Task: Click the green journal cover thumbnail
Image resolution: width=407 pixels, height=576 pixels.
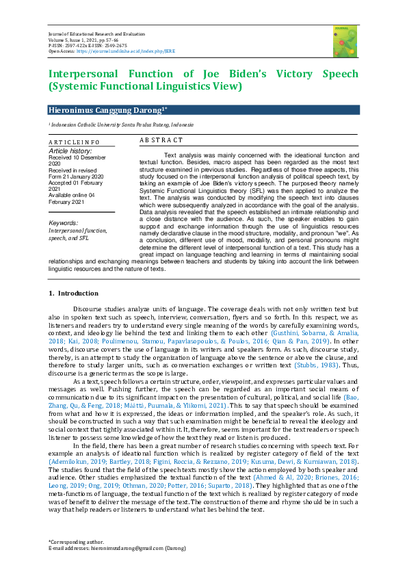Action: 345,40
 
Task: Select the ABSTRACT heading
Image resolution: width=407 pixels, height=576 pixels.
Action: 161,140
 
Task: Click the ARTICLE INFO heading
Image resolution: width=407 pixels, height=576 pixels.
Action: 74,142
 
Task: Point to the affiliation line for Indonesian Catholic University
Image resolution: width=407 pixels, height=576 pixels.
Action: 120,125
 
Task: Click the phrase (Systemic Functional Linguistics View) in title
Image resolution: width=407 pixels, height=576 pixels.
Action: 145,86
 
